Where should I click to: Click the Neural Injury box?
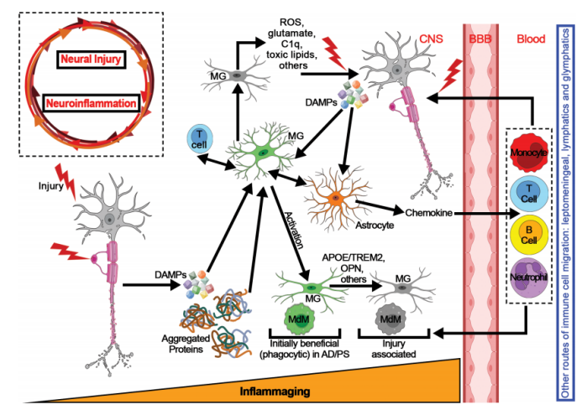[x=92, y=60]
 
